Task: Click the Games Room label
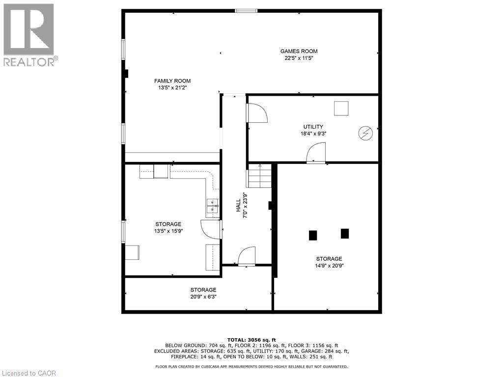click(x=299, y=51)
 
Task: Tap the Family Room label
click(x=172, y=81)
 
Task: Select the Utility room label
click(x=313, y=127)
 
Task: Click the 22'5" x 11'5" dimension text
click(x=299, y=58)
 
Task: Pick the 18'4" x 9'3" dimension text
click(x=313, y=134)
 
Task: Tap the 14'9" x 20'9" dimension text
click(x=329, y=266)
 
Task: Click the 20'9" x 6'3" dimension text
click(x=203, y=296)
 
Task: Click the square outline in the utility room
click(x=341, y=108)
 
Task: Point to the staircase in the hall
click(x=259, y=177)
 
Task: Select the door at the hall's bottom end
click(x=247, y=257)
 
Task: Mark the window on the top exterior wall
click(x=245, y=11)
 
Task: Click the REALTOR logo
click(x=29, y=35)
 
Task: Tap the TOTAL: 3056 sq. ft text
click(x=251, y=340)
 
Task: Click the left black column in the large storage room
click(x=313, y=235)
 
